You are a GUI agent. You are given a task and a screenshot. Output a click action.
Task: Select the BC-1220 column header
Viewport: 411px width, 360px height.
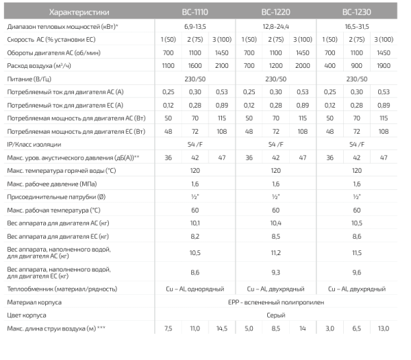[x=276, y=12]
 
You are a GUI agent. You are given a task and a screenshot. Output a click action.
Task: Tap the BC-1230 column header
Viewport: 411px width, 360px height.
[x=356, y=12]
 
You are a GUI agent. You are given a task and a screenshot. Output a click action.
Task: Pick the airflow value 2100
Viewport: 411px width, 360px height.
[x=221, y=65]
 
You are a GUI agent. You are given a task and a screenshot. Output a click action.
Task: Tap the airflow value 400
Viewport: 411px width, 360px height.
[x=330, y=65]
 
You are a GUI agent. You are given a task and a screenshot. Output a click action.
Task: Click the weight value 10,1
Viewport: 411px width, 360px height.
[x=195, y=223]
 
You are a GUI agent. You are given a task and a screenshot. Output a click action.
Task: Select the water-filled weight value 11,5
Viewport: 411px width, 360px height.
[x=356, y=252]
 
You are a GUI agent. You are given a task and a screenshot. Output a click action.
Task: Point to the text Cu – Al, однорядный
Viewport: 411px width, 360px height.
[x=195, y=289]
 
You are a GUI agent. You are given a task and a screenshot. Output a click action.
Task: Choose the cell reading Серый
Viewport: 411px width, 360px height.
[x=276, y=315]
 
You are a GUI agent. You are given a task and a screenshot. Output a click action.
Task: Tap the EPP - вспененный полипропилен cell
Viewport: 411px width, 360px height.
[x=276, y=302]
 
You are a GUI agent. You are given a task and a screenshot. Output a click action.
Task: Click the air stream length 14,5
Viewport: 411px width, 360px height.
[x=221, y=330]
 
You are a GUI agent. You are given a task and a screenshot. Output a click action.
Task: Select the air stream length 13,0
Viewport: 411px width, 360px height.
[x=383, y=330]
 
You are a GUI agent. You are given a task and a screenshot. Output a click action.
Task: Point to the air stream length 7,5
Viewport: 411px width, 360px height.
[x=169, y=330]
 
